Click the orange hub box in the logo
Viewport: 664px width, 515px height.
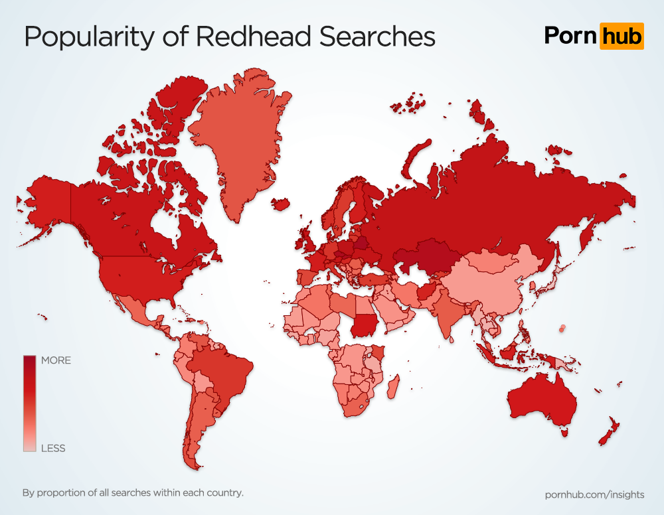pyautogui.click(x=622, y=36)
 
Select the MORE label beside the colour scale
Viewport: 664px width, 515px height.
pyautogui.click(x=56, y=360)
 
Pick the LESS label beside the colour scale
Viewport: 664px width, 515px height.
pyautogui.click(x=53, y=448)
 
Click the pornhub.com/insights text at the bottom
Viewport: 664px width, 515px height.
pyautogui.click(x=594, y=494)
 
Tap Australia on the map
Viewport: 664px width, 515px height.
pyautogui.click(x=541, y=398)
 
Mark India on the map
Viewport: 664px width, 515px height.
pyautogui.click(x=451, y=315)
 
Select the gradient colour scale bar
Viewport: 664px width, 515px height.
pyautogui.click(x=30, y=404)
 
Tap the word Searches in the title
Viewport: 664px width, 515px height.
pyautogui.click(x=377, y=37)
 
